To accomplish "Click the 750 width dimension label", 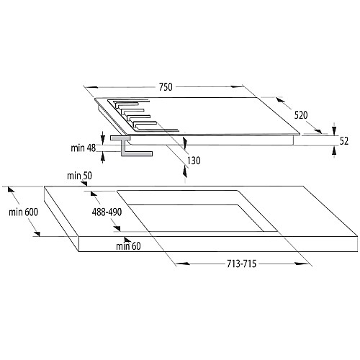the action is [x=166, y=87].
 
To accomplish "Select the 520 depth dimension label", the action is [x=301, y=115].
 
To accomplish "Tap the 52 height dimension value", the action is [x=344, y=141].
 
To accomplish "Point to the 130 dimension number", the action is [x=194, y=161].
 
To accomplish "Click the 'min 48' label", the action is [x=84, y=148].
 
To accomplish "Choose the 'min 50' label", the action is [x=79, y=176].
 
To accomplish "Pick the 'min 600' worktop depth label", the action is [x=23, y=212].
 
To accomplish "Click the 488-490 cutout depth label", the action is [x=107, y=212].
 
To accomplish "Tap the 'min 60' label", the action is [x=128, y=246].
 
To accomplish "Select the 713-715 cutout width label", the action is [x=242, y=264].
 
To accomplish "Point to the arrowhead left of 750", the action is [x=91, y=87].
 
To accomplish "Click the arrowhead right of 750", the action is [x=237, y=86].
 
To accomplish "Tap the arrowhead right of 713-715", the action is [x=302, y=264].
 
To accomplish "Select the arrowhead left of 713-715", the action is [x=182, y=264].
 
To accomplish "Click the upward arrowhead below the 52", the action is [x=334, y=150].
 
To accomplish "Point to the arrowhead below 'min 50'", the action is [x=84, y=184].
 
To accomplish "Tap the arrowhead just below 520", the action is [x=319, y=131].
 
